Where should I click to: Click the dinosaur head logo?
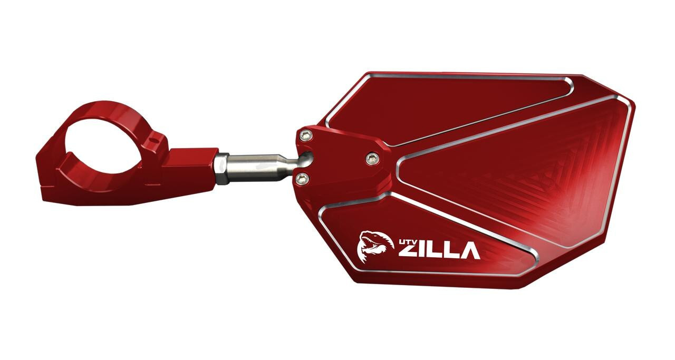(375, 247)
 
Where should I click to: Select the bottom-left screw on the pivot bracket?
(302, 179)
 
